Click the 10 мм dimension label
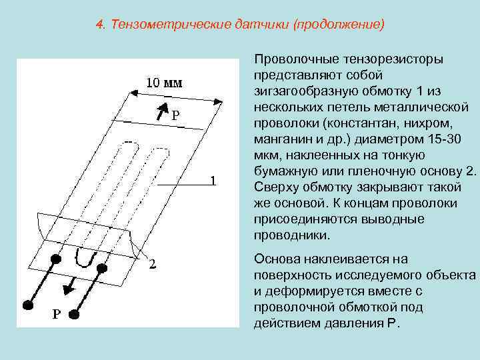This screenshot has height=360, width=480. [164, 83]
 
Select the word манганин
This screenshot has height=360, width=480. [281, 139]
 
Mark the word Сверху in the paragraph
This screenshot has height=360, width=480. [277, 187]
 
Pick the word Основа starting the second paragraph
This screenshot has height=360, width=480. [277, 259]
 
